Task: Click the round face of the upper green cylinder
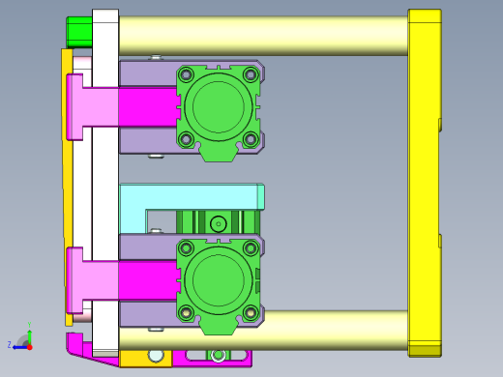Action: point(219,106)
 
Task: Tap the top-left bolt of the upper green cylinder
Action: point(186,74)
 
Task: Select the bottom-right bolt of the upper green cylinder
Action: point(251,139)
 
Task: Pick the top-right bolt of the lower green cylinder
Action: point(251,248)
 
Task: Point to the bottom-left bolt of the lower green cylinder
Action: point(186,312)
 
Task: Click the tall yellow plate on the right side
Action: point(424,184)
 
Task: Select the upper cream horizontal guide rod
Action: point(261,35)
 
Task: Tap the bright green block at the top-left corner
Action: point(79,31)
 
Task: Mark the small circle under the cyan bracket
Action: point(219,223)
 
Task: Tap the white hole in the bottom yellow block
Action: point(156,355)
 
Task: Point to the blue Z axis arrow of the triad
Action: point(16,345)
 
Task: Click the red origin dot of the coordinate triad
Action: point(29,345)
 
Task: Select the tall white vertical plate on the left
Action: point(104,184)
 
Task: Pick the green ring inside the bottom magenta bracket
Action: point(218,355)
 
